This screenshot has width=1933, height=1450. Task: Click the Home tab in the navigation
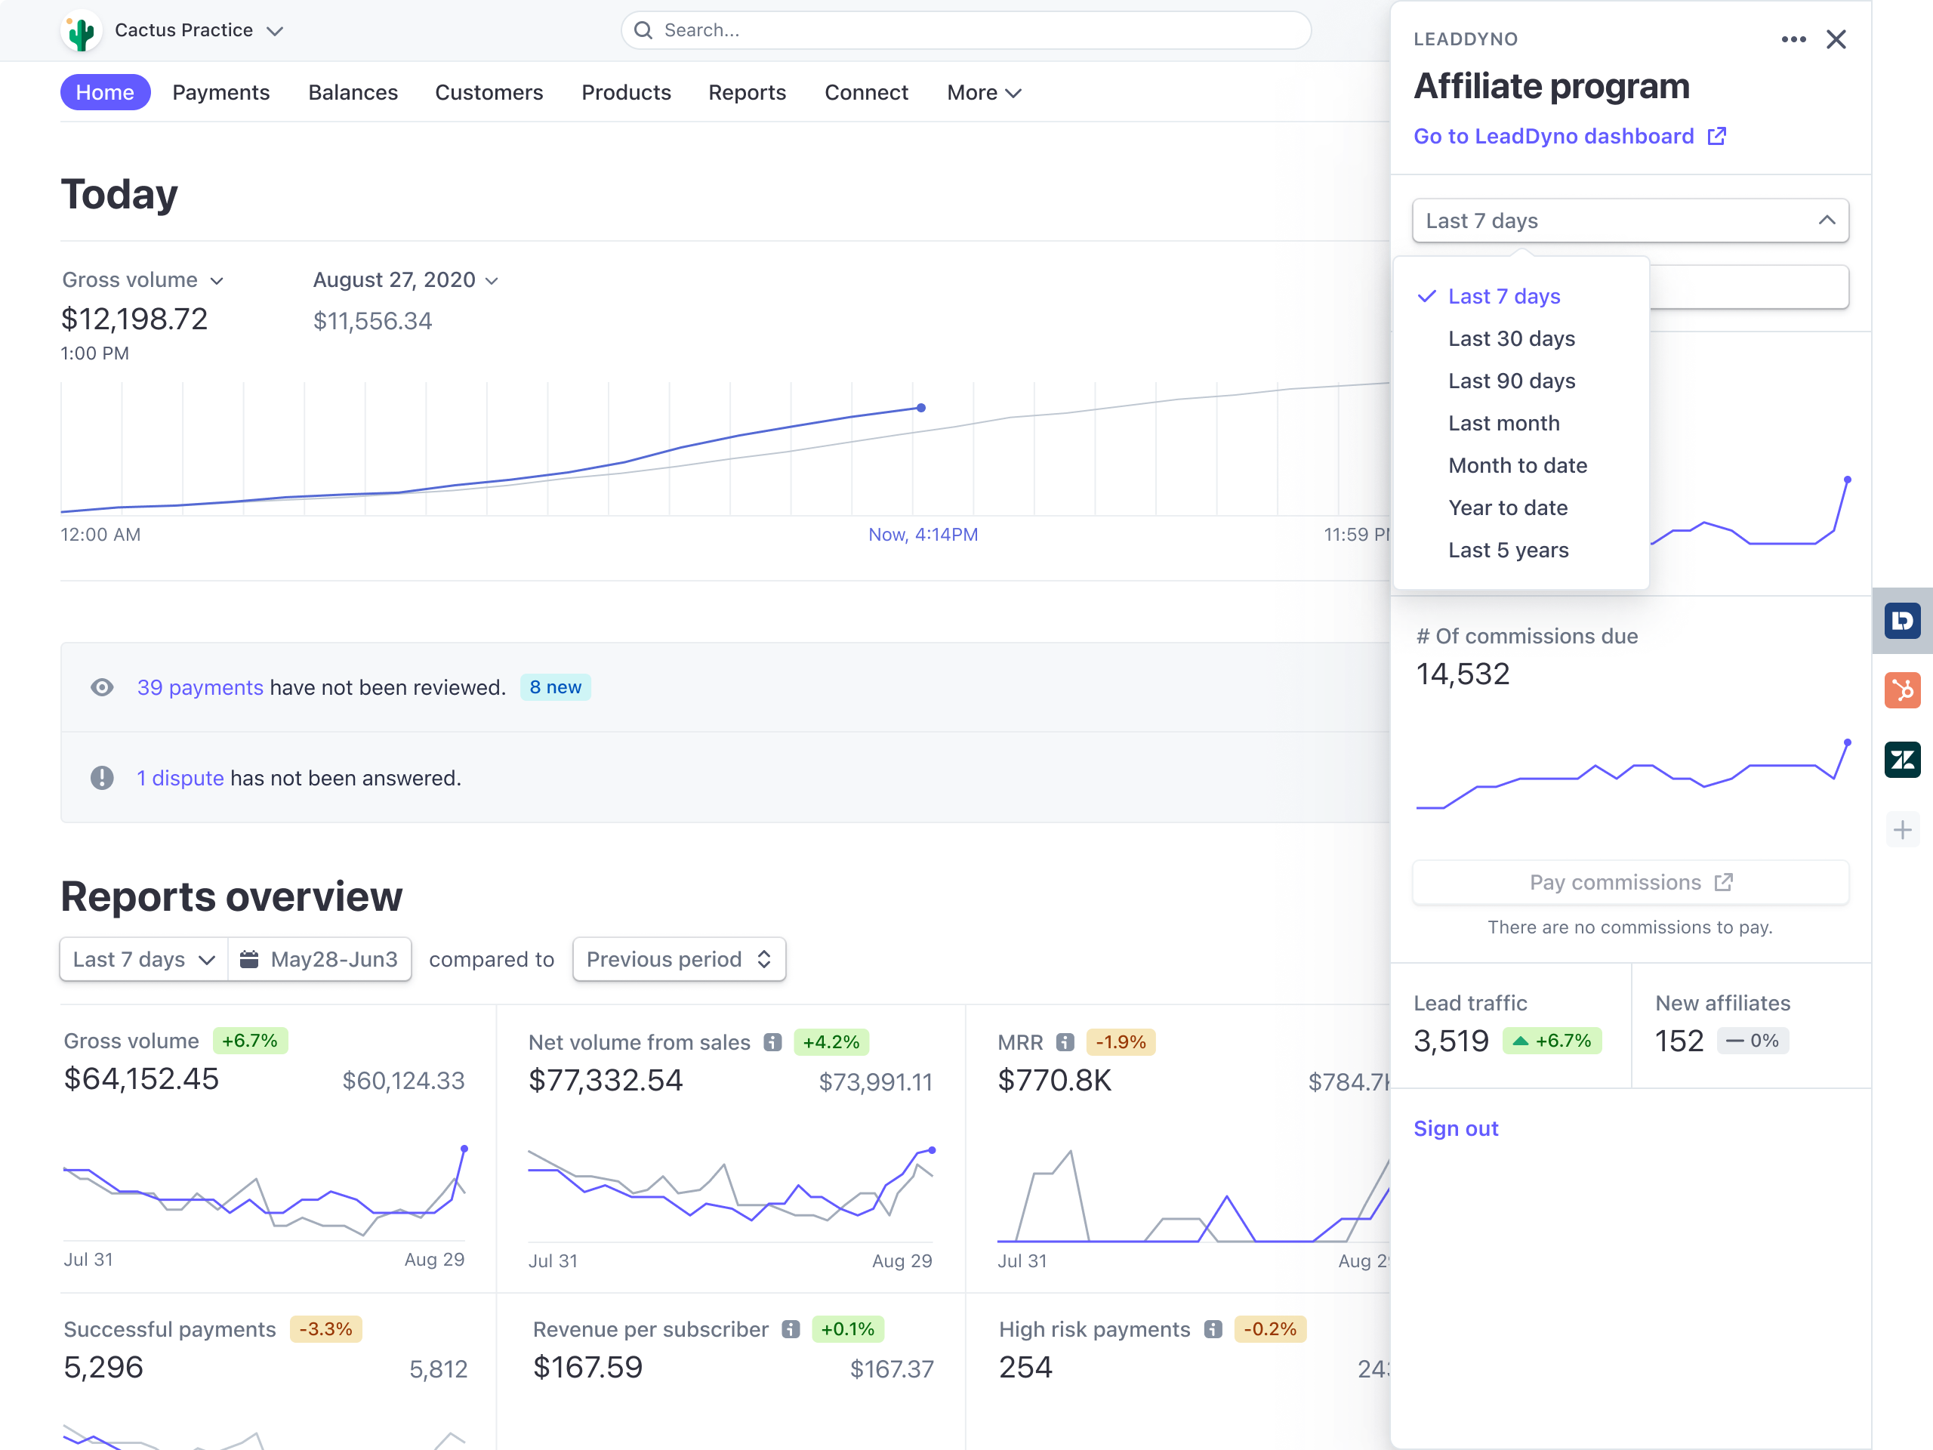click(105, 93)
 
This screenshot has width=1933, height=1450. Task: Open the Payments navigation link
click(220, 93)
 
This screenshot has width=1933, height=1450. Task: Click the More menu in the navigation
click(983, 93)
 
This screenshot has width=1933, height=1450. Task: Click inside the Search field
click(965, 31)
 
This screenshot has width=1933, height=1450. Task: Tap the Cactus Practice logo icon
click(82, 32)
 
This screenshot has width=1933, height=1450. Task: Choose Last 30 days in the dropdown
click(1511, 338)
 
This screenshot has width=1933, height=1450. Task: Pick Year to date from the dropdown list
click(1507, 507)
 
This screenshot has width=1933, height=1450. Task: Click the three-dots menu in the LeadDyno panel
click(1793, 39)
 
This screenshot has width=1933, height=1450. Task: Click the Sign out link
click(1455, 1128)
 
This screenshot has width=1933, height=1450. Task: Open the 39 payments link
click(199, 688)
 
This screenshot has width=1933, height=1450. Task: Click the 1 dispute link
click(180, 778)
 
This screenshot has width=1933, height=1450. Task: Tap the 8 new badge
click(555, 688)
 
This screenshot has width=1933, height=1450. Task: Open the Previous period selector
click(678, 960)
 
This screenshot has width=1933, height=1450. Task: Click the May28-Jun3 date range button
click(320, 960)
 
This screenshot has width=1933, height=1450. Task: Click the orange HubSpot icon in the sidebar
click(1901, 690)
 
